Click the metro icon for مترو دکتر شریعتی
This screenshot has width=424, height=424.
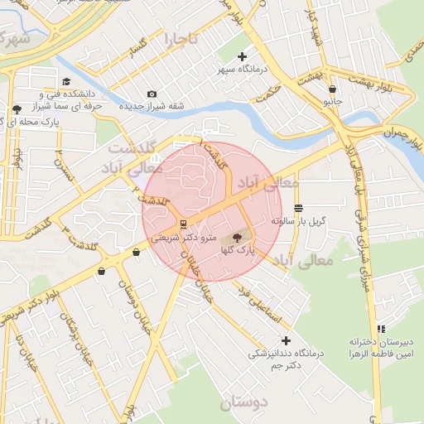tap(182, 224)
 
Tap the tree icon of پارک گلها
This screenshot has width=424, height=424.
tap(237, 237)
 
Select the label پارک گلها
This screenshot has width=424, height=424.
tap(237, 248)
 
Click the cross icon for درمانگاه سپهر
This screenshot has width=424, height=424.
tap(242, 57)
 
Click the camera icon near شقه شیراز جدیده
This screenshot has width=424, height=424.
tap(151, 94)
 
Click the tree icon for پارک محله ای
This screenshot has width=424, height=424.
tap(17, 109)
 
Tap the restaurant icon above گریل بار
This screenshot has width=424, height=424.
tap(298, 209)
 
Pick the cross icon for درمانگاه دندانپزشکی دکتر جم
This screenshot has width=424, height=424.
tap(287, 340)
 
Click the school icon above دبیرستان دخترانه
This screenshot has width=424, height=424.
tap(381, 329)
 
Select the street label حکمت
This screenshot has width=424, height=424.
tap(268, 97)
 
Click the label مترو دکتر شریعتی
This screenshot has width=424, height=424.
tap(183, 237)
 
